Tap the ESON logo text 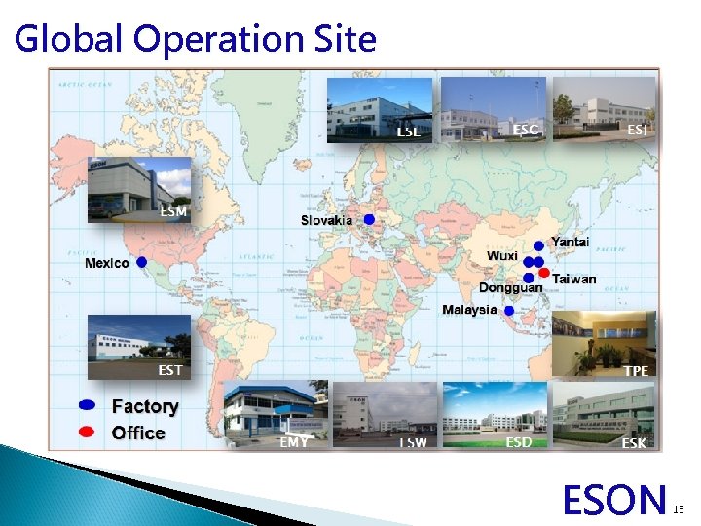[615, 500]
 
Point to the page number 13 [681, 508]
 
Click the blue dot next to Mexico [142, 262]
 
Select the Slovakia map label [326, 220]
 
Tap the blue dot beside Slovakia [369, 220]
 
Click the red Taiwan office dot [544, 272]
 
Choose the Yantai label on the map [571, 241]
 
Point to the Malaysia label [469, 310]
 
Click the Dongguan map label [510, 288]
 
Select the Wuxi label [502, 255]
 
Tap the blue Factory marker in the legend [88, 405]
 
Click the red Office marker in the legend [88, 432]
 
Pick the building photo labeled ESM [139, 190]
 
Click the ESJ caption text [637, 129]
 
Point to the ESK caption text [633, 443]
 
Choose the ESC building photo [493, 109]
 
